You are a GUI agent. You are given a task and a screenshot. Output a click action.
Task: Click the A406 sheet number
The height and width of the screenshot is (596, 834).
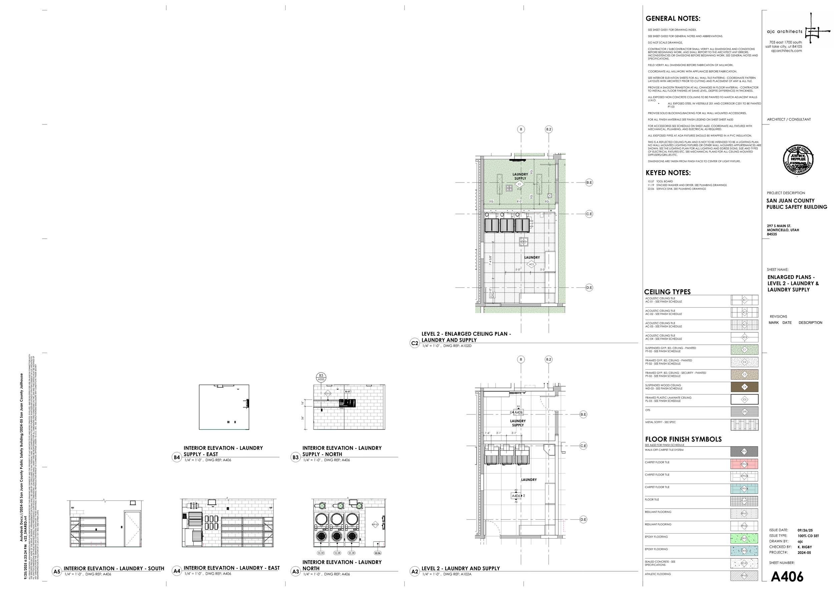coord(787,577)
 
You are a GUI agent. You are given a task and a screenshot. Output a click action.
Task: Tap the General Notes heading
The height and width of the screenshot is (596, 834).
coord(673,19)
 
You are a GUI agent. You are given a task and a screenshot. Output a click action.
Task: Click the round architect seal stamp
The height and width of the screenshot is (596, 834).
coord(798,160)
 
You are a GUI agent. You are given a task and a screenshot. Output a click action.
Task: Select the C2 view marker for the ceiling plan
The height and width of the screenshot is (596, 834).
coord(414,343)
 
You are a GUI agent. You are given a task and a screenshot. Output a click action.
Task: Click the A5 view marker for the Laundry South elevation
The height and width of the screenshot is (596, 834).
coord(56,571)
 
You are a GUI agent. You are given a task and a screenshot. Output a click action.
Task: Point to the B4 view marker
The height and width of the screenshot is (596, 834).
coord(177,457)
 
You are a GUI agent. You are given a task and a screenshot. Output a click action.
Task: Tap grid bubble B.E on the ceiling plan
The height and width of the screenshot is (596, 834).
coord(589,183)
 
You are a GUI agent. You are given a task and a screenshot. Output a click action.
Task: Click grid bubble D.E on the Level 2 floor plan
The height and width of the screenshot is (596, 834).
coord(583,519)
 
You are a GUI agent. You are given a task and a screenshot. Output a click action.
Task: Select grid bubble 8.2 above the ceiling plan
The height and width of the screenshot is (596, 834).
coord(548,129)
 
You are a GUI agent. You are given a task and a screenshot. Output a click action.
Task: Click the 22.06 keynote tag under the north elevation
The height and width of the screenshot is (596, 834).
coord(377,553)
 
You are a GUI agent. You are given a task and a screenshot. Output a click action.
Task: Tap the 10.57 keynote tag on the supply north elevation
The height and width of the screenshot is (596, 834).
coord(347,391)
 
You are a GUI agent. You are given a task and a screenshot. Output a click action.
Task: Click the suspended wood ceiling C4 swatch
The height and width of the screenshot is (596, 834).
coord(744,387)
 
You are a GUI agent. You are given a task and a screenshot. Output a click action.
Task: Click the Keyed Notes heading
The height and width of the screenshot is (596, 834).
coord(668,173)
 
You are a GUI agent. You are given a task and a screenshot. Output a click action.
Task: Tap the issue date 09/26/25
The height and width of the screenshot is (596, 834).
coord(805,530)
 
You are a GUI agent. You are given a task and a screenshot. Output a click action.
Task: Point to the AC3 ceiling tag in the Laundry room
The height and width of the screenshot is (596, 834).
coord(531,264)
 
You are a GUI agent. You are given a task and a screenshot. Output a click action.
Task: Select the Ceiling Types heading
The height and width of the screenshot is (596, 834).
coord(667,292)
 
